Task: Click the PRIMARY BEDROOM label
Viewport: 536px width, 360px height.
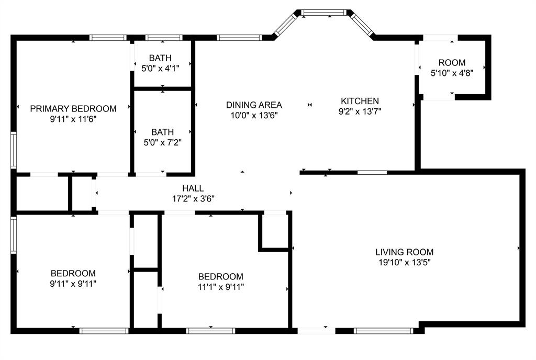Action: point(73,109)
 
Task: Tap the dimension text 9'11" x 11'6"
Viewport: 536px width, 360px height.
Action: point(73,119)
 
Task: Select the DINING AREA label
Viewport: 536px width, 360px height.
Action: point(254,105)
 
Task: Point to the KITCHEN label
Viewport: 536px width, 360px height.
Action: point(360,101)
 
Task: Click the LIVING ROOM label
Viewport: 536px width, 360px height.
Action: point(405,252)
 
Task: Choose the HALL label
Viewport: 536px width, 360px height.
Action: point(193,188)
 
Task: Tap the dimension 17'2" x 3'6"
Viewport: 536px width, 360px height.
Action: point(193,199)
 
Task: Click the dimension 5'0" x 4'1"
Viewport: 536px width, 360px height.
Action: point(160,69)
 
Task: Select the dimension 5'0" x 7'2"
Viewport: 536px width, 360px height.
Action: point(162,142)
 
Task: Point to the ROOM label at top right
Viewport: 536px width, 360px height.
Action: point(452,62)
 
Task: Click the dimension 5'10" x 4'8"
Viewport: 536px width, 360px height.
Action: point(452,73)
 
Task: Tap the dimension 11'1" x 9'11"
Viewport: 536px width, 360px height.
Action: point(221,287)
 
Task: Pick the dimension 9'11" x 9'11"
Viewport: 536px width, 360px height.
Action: point(73,284)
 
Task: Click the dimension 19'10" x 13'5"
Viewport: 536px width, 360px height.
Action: point(405,262)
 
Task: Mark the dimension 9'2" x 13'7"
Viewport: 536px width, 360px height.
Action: point(360,111)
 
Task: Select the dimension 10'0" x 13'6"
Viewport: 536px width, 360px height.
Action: point(254,115)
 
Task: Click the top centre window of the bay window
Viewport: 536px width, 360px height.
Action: point(323,13)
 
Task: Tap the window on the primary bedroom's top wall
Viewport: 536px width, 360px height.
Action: point(108,38)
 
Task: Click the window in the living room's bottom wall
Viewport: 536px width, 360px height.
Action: point(384,331)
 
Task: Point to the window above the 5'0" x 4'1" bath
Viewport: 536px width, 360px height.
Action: point(164,38)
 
